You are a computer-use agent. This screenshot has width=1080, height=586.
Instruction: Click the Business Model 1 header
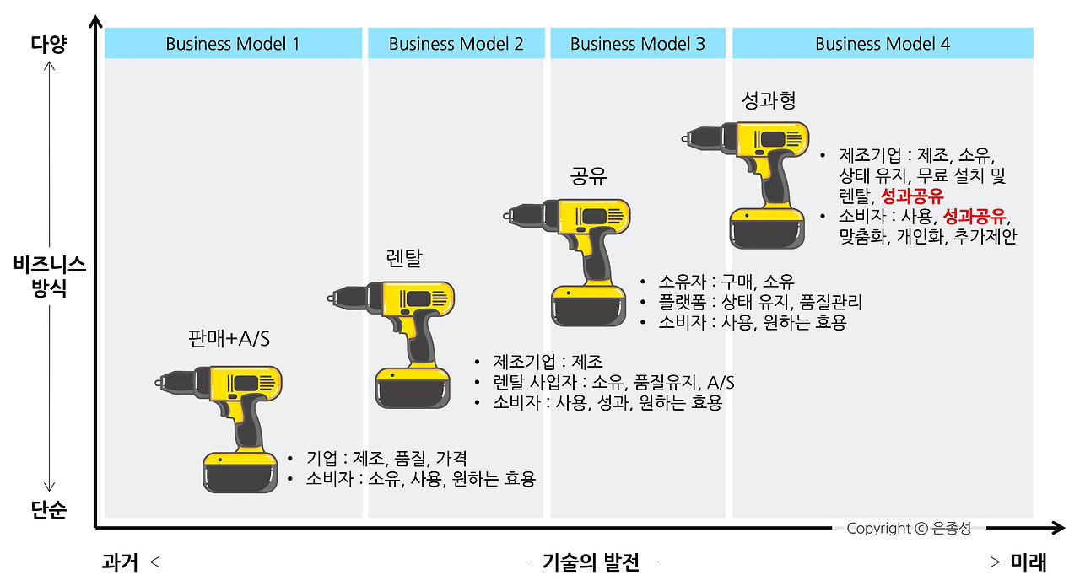click(x=232, y=44)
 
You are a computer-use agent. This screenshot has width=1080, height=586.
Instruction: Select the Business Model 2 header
click(x=456, y=44)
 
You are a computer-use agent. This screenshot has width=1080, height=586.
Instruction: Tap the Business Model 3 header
click(x=638, y=44)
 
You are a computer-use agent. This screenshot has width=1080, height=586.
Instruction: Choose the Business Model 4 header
click(x=883, y=44)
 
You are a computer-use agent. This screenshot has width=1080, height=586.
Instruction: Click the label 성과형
click(x=769, y=101)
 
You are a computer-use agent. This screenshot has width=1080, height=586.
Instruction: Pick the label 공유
click(x=589, y=176)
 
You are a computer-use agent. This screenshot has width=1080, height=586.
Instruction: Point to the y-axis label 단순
click(x=49, y=510)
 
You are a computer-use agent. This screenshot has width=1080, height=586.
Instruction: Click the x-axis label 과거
click(x=119, y=562)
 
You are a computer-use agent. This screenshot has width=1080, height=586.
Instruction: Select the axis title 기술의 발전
click(x=591, y=562)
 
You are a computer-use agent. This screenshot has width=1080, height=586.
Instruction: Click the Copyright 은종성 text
click(x=909, y=529)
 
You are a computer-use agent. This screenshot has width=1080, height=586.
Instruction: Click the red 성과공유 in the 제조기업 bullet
click(x=912, y=196)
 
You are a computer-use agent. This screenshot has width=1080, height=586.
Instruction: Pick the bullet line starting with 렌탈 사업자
click(x=613, y=383)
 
